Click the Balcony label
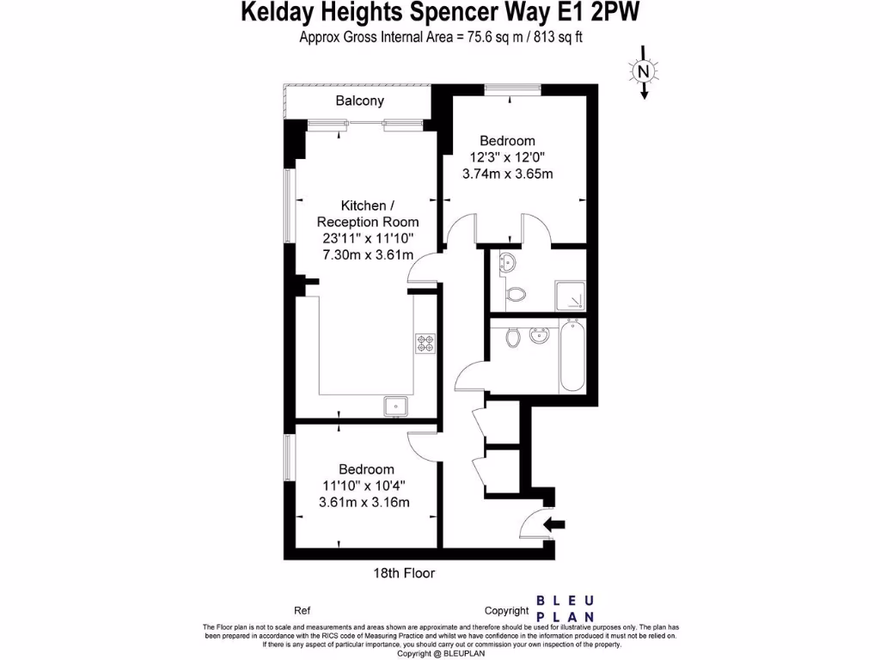pos(359,101)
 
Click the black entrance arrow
pos(555,522)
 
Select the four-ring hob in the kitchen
pos(426,343)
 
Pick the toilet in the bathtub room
pos(514,337)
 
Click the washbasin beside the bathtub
pos(541,334)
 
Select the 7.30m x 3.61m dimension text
pos(368,254)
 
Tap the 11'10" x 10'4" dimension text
pos(366,486)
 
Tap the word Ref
pos(302,611)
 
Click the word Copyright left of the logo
pos(507,611)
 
